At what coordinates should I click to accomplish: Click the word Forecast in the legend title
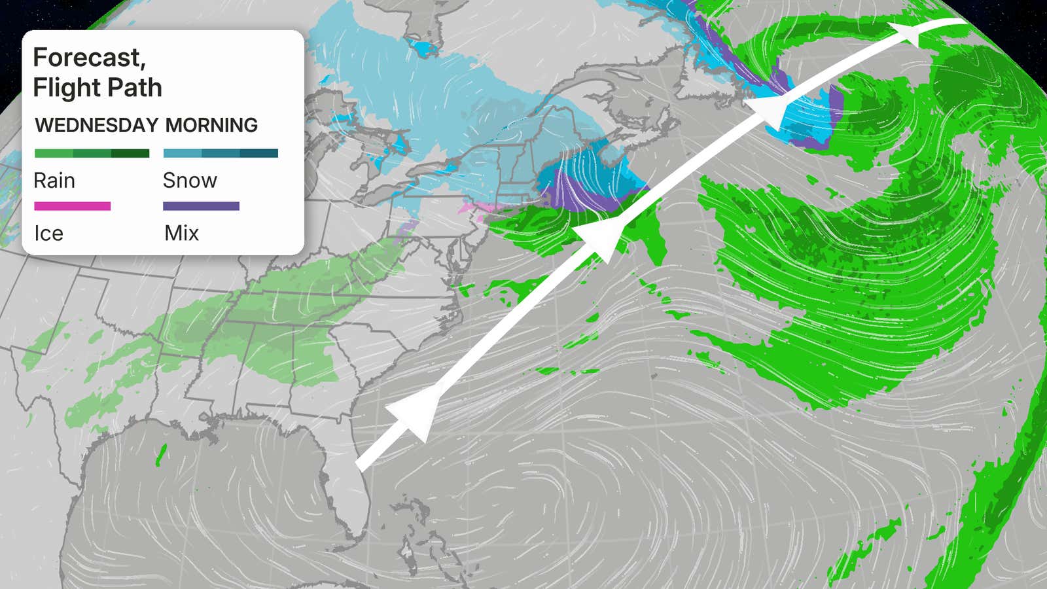pyautogui.click(x=88, y=58)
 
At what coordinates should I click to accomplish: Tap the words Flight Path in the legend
pyautogui.click(x=98, y=88)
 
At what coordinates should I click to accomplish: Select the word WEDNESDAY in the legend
pyautogui.click(x=97, y=125)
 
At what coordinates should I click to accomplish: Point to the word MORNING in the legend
pyautogui.click(x=211, y=125)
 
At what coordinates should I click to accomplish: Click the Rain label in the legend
pyautogui.click(x=54, y=181)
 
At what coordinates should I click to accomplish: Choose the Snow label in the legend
pyautogui.click(x=190, y=181)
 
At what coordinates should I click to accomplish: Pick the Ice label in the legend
pyautogui.click(x=48, y=234)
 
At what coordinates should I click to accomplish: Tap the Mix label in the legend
pyautogui.click(x=181, y=233)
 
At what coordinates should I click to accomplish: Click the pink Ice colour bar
pyautogui.click(x=72, y=206)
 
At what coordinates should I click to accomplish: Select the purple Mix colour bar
pyautogui.click(x=201, y=206)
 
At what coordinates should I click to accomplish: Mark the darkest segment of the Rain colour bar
pyautogui.click(x=130, y=153)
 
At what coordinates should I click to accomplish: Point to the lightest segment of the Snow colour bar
pyautogui.click(x=182, y=153)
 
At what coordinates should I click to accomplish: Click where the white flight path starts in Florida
pyautogui.click(x=359, y=467)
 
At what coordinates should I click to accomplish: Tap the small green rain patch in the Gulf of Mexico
pyautogui.click(x=161, y=455)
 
